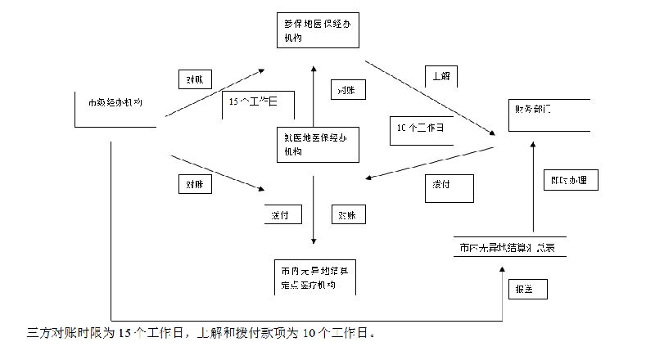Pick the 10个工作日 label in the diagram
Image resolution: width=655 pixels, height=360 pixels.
(420, 128)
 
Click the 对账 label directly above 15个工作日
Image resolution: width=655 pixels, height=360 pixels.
(195, 79)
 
